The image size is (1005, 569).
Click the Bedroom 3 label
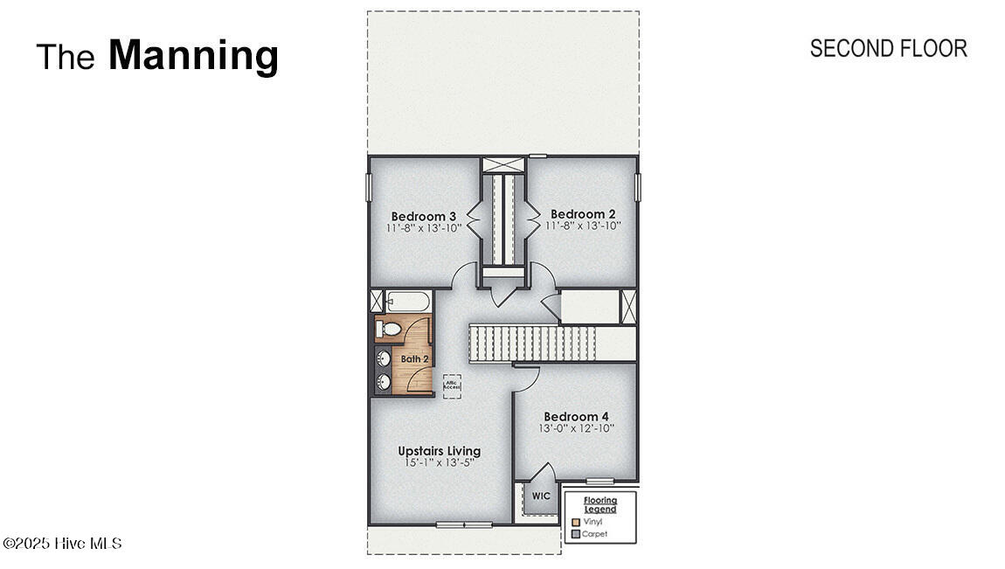(424, 216)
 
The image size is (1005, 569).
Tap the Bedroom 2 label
(583, 214)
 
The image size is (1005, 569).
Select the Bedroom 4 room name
(576, 417)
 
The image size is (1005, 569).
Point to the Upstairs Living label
(439, 451)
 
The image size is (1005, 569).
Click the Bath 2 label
(414, 359)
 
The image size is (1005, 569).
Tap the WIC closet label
(542, 496)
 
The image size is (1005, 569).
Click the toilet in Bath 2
(388, 329)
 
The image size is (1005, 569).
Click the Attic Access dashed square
(452, 385)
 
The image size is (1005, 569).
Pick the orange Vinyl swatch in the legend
(575, 522)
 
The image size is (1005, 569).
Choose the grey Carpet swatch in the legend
(575, 534)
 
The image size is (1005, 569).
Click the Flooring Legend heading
(600, 505)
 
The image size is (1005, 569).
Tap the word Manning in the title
(193, 55)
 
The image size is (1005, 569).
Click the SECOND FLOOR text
(888, 49)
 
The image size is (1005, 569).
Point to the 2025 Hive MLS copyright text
(62, 544)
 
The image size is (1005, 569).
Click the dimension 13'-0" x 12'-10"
(576, 429)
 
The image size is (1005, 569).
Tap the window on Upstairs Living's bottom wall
(464, 524)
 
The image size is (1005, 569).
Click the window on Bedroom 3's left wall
(368, 187)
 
